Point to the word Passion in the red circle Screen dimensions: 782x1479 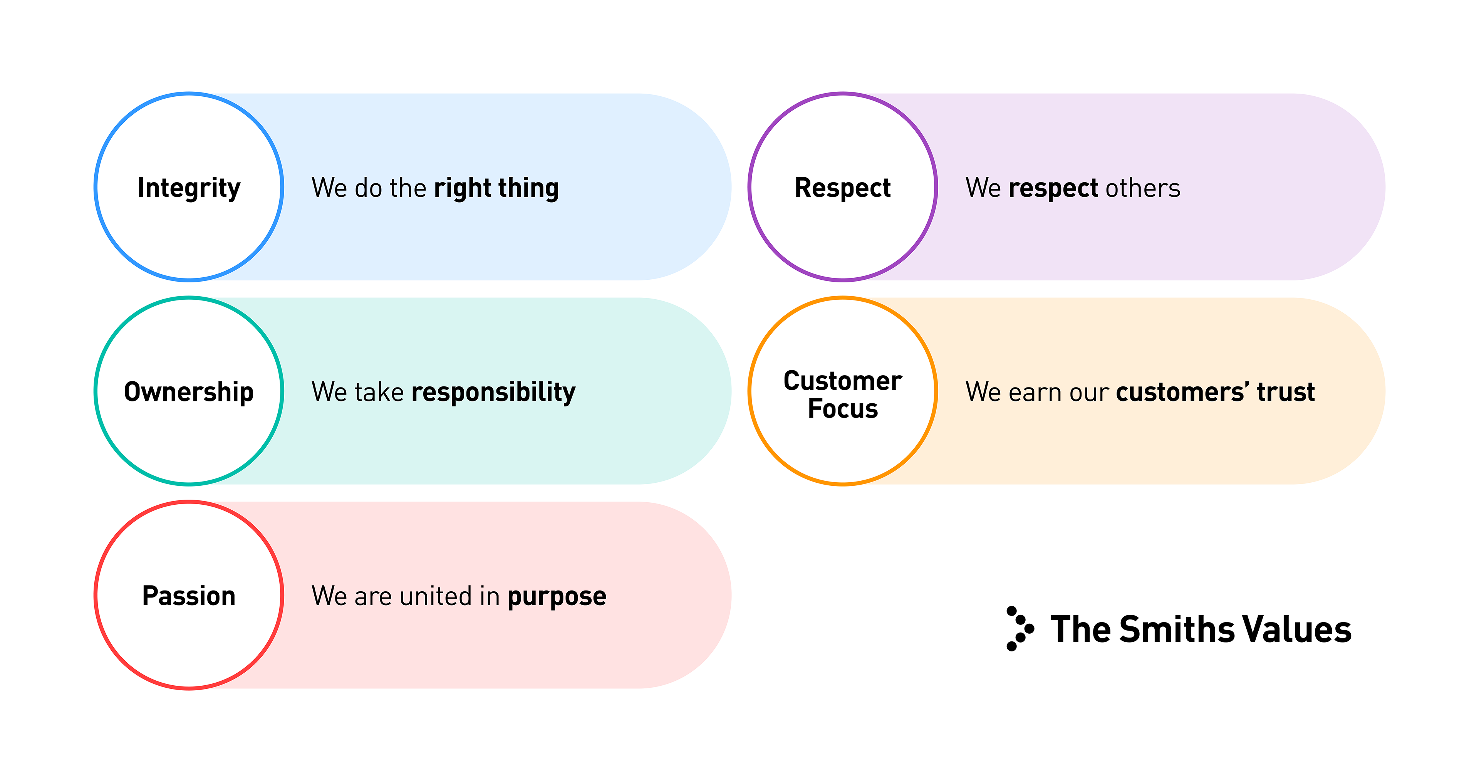coord(189,596)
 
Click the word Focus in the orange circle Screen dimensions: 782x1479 coord(842,409)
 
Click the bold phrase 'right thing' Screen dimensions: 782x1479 coord(496,188)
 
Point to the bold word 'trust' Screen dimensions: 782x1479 coord(1286,392)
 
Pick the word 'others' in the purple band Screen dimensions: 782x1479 coord(1142,188)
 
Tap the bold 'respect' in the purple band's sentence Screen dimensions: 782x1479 coord(1053,189)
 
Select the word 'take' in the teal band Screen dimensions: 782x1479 coord(379,392)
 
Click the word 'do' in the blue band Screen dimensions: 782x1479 coord(368,188)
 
